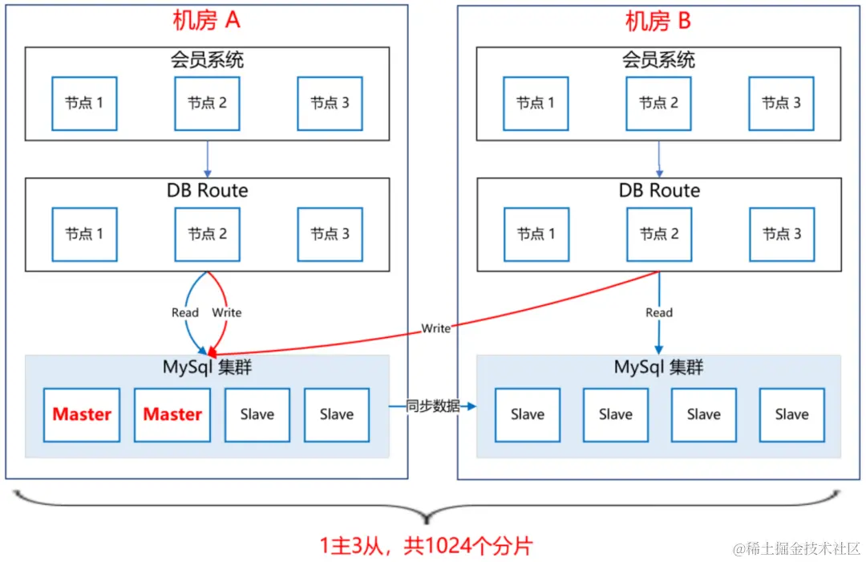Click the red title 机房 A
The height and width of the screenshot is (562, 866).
[x=206, y=21]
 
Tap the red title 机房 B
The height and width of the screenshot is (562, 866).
[x=658, y=21]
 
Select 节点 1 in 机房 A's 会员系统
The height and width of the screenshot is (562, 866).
[x=84, y=103]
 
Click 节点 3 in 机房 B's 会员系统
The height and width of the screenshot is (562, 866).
[x=781, y=103]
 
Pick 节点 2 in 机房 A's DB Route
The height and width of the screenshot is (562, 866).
[x=207, y=234]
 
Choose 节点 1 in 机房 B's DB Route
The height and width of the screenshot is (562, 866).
[x=536, y=234]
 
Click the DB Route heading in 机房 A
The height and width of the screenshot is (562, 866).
[x=207, y=190]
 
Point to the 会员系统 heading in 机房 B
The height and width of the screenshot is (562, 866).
[x=658, y=59]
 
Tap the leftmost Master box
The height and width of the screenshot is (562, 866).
[x=82, y=414]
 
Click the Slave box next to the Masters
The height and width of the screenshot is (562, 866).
[x=257, y=414]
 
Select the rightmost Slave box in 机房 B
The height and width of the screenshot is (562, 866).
[x=791, y=414]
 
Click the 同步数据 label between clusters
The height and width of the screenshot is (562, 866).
[x=433, y=406]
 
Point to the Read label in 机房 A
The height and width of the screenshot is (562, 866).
[x=185, y=312]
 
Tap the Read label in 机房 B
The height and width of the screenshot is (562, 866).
[x=659, y=312]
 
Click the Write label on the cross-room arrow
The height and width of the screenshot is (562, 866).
[x=436, y=328]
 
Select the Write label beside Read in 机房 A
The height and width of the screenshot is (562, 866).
[x=226, y=312]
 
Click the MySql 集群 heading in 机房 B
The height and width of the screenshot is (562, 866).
[x=658, y=368]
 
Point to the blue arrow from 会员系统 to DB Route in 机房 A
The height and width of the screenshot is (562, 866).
[x=208, y=158]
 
